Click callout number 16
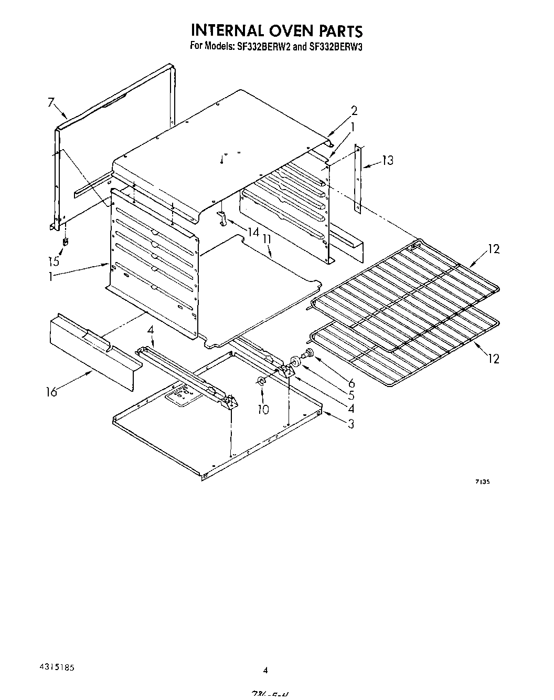pyautogui.click(x=51, y=392)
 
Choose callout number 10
pyautogui.click(x=263, y=409)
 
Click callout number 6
pyautogui.click(x=351, y=384)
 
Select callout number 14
pyautogui.click(x=253, y=232)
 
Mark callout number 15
pyautogui.click(x=54, y=260)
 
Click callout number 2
pyautogui.click(x=354, y=110)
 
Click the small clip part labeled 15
pyautogui.click(x=66, y=242)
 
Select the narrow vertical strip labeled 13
pyautogui.click(x=358, y=179)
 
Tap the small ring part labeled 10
pyautogui.click(x=261, y=380)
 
